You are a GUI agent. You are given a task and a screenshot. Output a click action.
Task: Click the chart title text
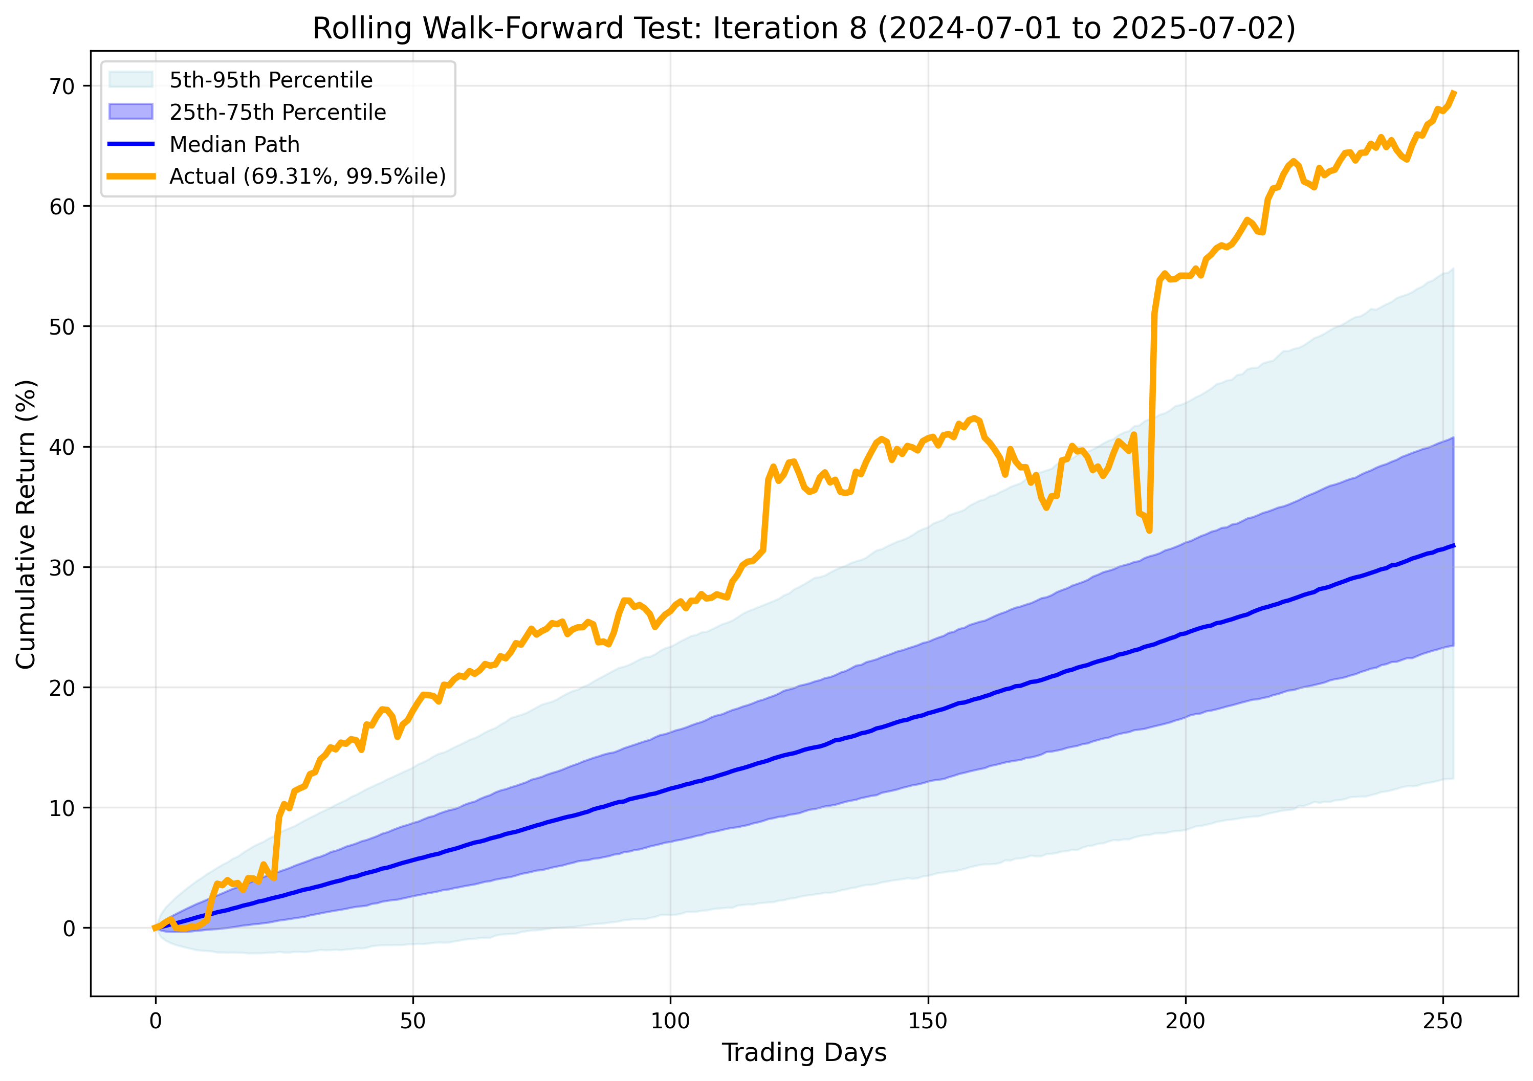(x=804, y=28)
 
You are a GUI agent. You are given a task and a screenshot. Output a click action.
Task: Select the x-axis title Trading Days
(x=804, y=1052)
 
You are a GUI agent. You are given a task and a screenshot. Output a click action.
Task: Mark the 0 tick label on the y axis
(x=69, y=928)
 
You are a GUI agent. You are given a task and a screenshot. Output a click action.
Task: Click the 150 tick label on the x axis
(x=927, y=1021)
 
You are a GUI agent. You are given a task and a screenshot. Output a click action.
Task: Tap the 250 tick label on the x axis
(x=1443, y=1021)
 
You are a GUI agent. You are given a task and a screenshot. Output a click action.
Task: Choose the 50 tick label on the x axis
(x=412, y=1021)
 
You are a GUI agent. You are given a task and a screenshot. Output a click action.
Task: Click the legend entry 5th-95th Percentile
(x=270, y=80)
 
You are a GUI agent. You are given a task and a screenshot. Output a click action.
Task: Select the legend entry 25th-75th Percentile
(x=277, y=112)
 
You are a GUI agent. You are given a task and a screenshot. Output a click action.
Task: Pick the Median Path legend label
(x=234, y=144)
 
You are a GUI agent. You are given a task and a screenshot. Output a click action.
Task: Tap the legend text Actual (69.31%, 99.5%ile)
(x=307, y=177)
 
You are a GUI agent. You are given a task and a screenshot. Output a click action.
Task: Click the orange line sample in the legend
(x=131, y=177)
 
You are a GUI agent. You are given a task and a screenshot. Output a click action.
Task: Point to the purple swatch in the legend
(x=131, y=112)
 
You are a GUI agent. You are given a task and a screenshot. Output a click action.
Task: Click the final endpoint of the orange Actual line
(x=1454, y=92)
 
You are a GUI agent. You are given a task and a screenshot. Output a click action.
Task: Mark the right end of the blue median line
(x=1454, y=545)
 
